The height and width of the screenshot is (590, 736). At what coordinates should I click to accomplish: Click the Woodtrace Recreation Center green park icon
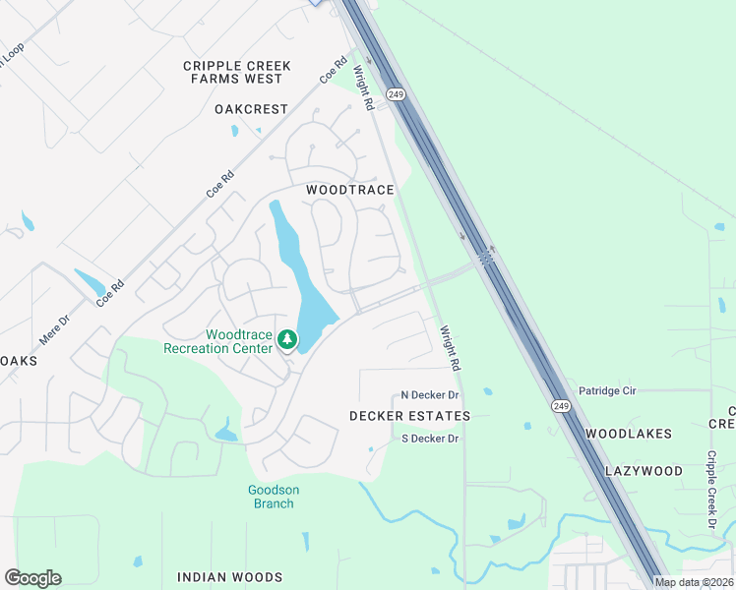click(x=287, y=340)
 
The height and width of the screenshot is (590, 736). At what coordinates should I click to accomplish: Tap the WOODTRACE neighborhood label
click(x=350, y=190)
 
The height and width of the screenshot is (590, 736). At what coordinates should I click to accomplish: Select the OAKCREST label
click(x=251, y=109)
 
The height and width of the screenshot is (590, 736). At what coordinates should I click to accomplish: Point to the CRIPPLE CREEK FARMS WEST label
click(x=237, y=72)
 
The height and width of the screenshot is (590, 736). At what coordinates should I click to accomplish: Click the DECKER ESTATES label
click(x=409, y=416)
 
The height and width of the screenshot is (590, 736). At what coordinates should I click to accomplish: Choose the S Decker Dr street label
click(x=430, y=439)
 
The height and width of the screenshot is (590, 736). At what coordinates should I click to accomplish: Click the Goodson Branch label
click(x=273, y=497)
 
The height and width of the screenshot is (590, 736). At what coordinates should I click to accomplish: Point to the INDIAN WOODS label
click(x=229, y=577)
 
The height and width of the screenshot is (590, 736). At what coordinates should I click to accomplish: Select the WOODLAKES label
click(x=629, y=434)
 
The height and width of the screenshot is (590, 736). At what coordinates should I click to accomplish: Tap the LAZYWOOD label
click(x=644, y=471)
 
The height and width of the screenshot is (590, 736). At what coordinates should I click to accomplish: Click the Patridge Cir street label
click(x=607, y=391)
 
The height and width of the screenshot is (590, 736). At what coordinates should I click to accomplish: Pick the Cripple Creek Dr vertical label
click(x=711, y=490)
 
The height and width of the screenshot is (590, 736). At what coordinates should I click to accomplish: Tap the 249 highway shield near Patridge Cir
click(x=560, y=405)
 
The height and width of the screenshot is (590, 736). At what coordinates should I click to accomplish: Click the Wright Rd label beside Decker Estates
click(x=451, y=348)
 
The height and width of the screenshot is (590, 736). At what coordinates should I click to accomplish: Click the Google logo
click(x=33, y=578)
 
